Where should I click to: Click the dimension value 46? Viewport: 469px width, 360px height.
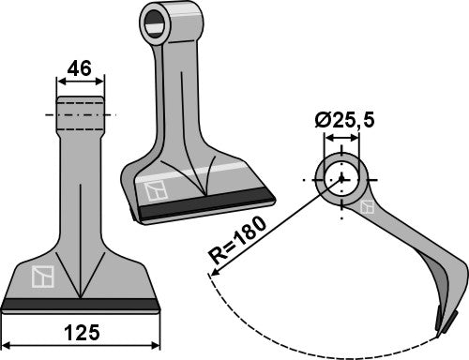[x=81, y=67]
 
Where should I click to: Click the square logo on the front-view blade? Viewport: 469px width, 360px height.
[x=40, y=277]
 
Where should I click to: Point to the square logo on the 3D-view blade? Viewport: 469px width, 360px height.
[x=157, y=190]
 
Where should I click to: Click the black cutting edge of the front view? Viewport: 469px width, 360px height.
[x=81, y=305]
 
